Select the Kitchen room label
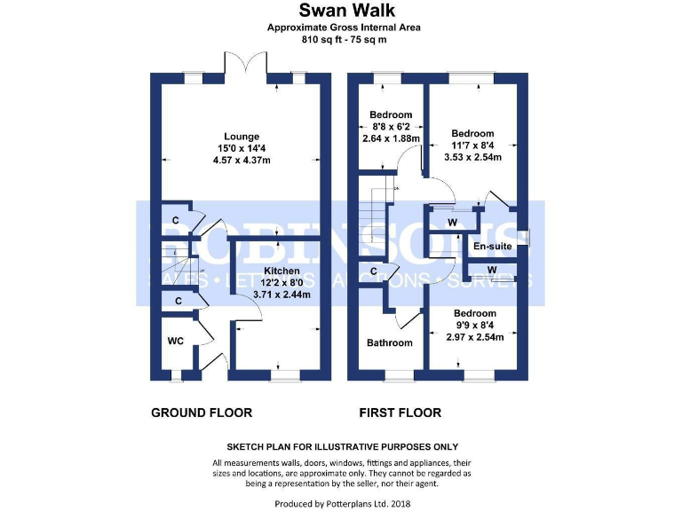tap(282, 271)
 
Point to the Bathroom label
tap(391, 342)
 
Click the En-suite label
tap(492, 246)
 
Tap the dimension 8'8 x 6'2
tap(391, 127)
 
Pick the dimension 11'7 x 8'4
tap(472, 145)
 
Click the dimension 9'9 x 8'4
tap(474, 326)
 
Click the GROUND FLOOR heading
tap(202, 413)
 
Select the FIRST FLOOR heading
tap(400, 413)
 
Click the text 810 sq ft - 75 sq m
tap(344, 40)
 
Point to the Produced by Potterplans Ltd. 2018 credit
tap(342, 503)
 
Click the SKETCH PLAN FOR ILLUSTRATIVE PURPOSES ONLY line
tap(342, 446)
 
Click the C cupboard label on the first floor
tap(374, 271)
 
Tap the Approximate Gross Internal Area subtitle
tap(344, 28)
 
